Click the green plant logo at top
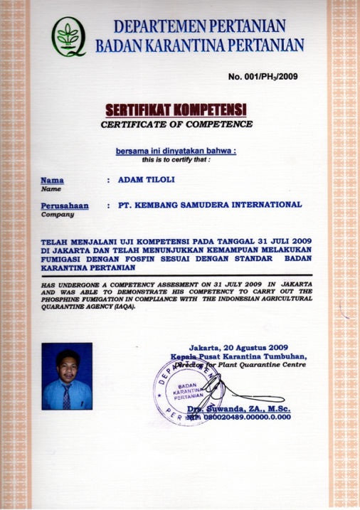click(x=69, y=36)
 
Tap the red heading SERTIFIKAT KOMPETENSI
click(x=176, y=110)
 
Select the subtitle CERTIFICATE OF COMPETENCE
click(x=176, y=124)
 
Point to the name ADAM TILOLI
click(x=145, y=180)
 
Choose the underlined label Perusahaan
click(x=65, y=205)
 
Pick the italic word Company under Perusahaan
click(x=58, y=213)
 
